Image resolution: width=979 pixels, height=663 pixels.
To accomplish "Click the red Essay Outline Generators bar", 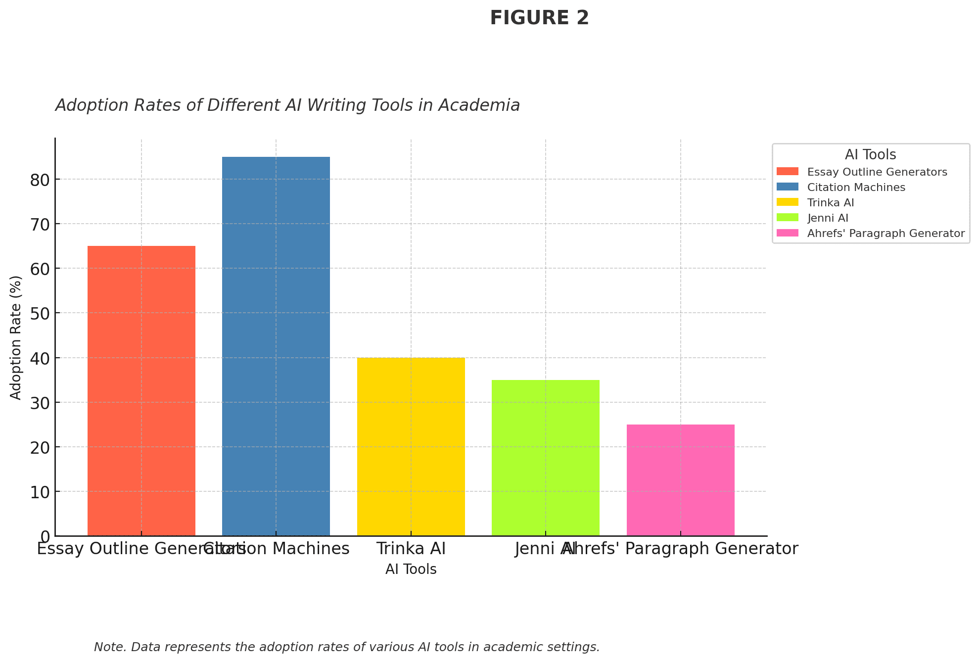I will pos(141,391).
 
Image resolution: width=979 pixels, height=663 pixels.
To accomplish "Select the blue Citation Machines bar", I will pos(276,346).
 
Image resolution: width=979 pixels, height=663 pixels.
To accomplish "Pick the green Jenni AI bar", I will pos(546,458).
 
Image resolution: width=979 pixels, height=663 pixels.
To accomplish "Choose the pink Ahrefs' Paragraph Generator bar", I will pos(680,480).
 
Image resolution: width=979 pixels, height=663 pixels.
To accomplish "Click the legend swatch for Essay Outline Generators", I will pos(787,172).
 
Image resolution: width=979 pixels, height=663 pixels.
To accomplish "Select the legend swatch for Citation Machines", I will pos(787,187).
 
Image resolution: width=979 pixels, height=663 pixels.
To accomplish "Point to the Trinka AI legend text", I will pos(831,203).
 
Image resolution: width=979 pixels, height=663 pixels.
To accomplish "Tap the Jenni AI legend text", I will pos(828,218).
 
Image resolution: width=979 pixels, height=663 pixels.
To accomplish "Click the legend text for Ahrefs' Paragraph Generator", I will pos(886,234).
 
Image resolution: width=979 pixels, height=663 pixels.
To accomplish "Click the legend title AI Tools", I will pos(870,155).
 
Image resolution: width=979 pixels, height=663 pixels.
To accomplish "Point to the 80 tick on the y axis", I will pos(40,180).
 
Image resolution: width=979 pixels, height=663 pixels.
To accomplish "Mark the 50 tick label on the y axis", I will pos(40,313).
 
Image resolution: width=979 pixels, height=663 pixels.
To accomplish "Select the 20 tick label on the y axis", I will pos(40,447).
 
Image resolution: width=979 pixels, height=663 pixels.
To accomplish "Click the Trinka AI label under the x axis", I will pos(411,549).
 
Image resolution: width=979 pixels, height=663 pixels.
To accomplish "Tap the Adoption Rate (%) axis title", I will pos(16,337).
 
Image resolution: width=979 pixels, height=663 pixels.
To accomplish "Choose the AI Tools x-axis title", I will pos(411,569).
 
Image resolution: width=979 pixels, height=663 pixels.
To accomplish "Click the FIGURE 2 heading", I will pos(539,18).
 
